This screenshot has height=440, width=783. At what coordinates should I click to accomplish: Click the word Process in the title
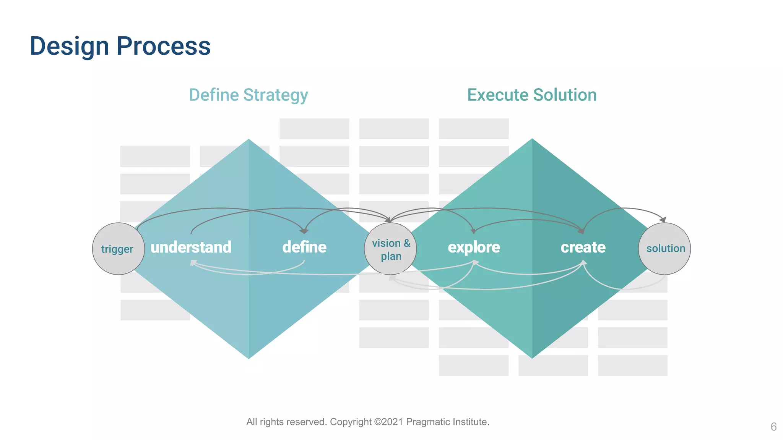pos(163,46)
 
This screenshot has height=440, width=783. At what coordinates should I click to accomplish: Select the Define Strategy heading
pos(249,95)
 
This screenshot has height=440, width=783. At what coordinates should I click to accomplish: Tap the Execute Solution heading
pos(532,95)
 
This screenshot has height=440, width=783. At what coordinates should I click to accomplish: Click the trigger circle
pos(118,249)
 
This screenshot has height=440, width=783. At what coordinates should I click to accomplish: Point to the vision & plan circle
pos(390,249)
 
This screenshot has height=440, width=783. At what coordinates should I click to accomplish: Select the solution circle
pos(665,249)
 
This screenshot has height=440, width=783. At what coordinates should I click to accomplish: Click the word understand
pos(191,247)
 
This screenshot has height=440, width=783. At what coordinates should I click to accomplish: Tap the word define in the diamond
pos(304,247)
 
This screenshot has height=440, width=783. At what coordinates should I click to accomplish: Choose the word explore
pos(474,247)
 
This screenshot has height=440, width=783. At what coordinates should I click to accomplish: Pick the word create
pos(583,247)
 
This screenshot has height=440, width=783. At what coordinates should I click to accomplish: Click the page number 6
pos(773,427)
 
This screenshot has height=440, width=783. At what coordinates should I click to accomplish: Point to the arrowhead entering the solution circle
pos(663,220)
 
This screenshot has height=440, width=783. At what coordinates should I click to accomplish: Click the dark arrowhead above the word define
pos(304,231)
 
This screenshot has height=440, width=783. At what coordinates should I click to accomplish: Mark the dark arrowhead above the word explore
pos(473,231)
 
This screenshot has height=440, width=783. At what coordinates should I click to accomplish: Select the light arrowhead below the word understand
pos(193,263)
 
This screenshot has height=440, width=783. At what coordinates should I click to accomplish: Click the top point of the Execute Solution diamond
pos(532,139)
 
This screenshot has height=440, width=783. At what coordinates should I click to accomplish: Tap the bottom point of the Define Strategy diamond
pos(249,358)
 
